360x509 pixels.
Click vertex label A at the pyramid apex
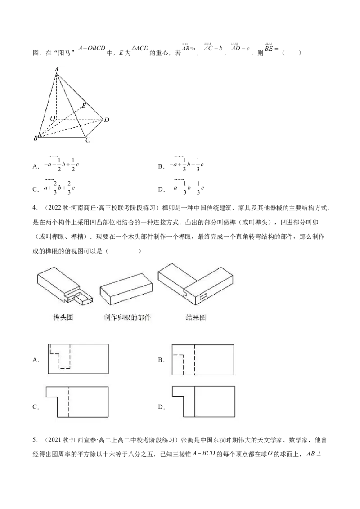pyautogui.click(x=56, y=69)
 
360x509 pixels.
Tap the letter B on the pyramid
pyautogui.click(x=35, y=138)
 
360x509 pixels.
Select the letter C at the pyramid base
pyautogui.click(x=88, y=140)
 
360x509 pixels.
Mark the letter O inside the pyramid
pyautogui.click(x=52, y=118)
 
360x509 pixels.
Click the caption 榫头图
pyautogui.click(x=63, y=317)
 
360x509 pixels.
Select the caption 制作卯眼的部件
pyautogui.click(x=126, y=317)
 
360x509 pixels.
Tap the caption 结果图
pyautogui.click(x=196, y=317)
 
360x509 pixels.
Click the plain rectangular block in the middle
pyautogui.click(x=126, y=290)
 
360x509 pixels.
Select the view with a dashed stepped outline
pyautogui.click(x=79, y=357)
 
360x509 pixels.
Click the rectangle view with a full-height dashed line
pyautogui.click(x=202, y=358)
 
